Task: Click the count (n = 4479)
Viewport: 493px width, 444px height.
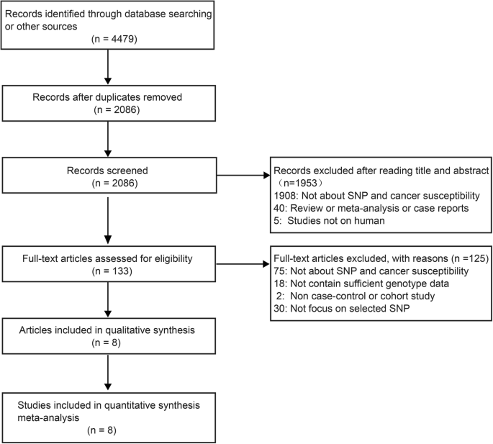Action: [x=107, y=42]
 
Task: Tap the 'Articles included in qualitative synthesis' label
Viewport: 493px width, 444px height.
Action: [x=107, y=332]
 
